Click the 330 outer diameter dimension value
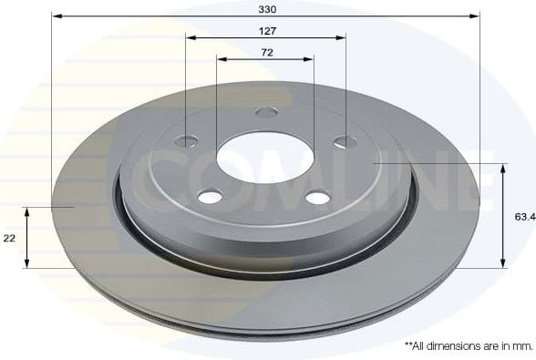pos(266,8)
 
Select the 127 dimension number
pos(266,30)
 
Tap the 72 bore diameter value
pos(266,52)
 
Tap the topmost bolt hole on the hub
pos(266,112)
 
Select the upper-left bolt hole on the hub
pos(187,141)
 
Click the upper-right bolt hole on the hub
pos(345,141)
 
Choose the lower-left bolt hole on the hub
pos(211,197)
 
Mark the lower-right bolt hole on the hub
pos(317,198)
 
